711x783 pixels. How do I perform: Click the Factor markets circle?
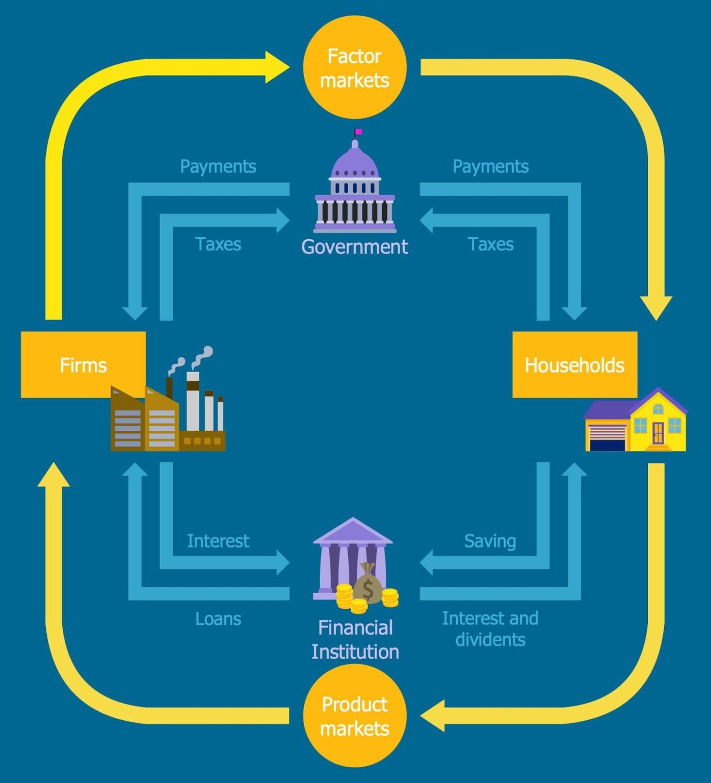click(x=354, y=67)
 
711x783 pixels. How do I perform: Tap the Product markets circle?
click(x=354, y=716)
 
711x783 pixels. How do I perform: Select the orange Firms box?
click(x=83, y=364)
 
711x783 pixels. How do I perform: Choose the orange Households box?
click(x=574, y=364)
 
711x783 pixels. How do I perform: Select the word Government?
click(x=354, y=247)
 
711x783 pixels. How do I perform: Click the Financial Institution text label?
click(x=355, y=639)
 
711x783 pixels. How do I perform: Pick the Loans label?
click(x=218, y=619)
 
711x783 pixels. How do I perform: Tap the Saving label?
click(x=490, y=541)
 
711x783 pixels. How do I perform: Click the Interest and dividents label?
click(x=490, y=629)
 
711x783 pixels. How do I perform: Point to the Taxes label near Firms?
click(x=218, y=244)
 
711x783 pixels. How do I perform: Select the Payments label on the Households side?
click(x=490, y=166)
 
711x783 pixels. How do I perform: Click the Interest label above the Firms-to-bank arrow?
click(x=218, y=541)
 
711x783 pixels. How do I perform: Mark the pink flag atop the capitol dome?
click(x=359, y=132)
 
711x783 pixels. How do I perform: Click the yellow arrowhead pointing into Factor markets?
click(x=278, y=67)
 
